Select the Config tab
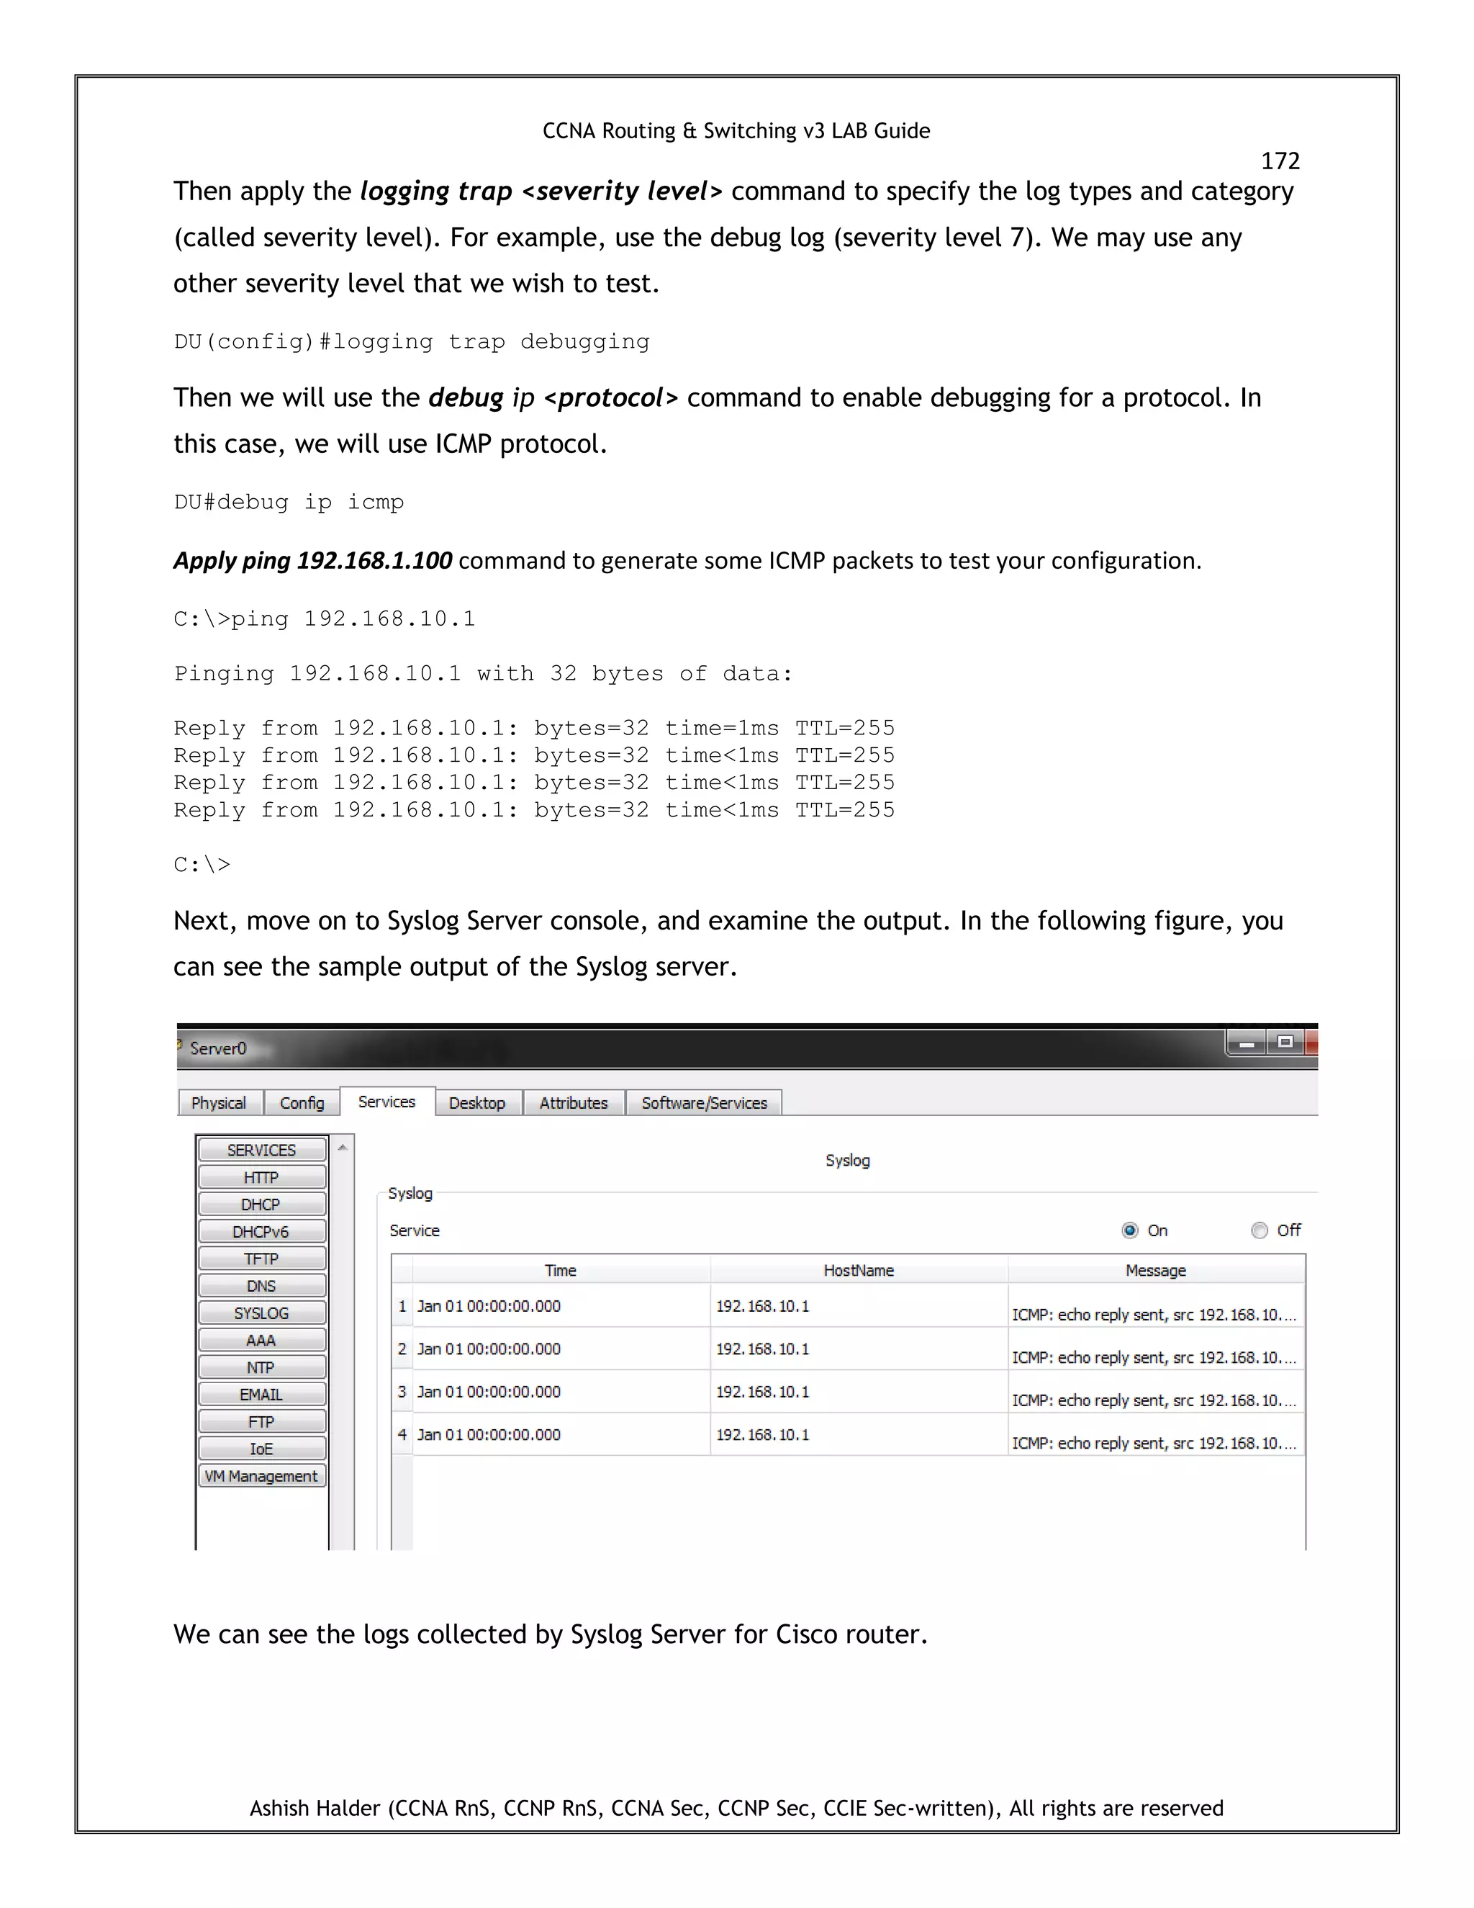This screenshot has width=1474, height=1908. point(302,1102)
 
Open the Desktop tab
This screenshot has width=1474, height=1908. point(476,1102)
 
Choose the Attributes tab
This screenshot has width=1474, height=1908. point(573,1102)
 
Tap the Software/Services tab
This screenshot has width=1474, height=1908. point(704,1102)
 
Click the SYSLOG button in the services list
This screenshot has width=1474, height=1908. point(261,1313)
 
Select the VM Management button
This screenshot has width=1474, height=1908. point(261,1475)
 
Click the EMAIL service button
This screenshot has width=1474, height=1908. point(261,1395)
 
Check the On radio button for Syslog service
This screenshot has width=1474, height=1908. point(1130,1230)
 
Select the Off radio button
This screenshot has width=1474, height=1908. point(1260,1230)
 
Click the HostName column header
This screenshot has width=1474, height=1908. point(859,1270)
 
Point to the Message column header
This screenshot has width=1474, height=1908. point(1155,1270)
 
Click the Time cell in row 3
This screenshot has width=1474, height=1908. point(489,1392)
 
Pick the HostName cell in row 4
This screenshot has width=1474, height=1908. point(762,1434)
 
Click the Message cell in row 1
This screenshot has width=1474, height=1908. point(1154,1314)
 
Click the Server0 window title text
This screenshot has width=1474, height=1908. point(218,1048)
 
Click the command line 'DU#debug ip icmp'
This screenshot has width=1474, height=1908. point(289,503)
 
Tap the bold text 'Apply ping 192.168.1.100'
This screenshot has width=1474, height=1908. point(312,560)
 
